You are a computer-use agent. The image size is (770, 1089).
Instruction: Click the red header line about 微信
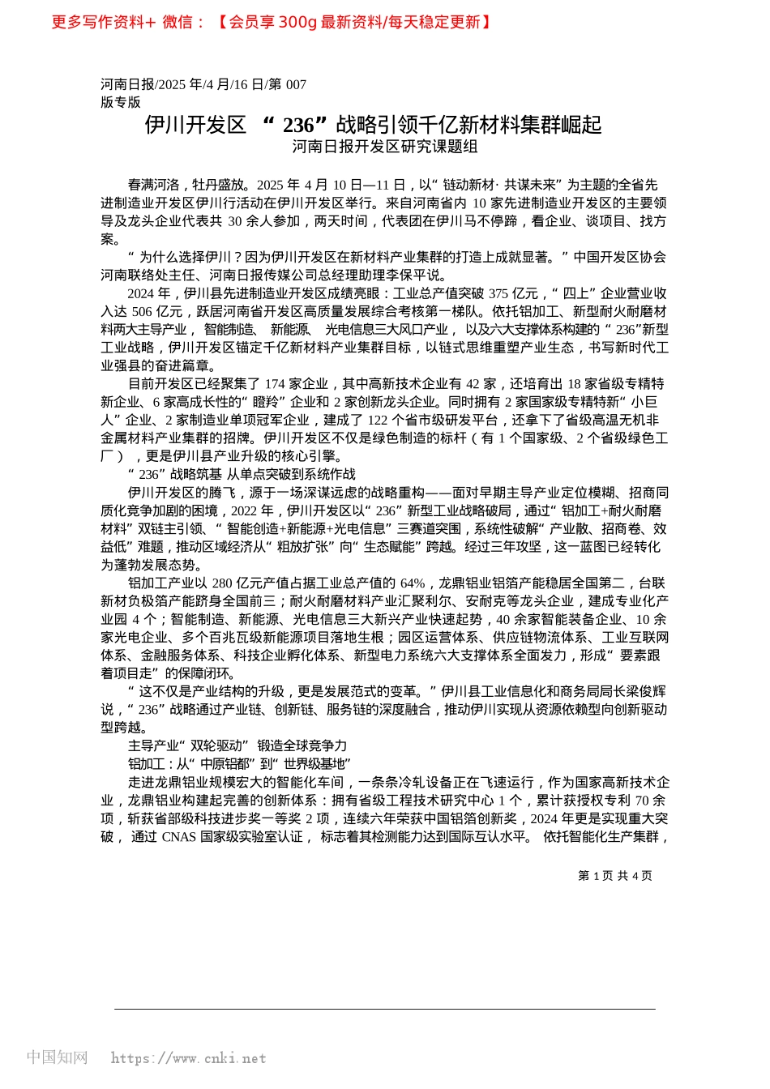[272, 22]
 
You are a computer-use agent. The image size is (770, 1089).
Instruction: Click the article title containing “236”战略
[374, 125]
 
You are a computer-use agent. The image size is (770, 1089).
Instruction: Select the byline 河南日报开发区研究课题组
[385, 147]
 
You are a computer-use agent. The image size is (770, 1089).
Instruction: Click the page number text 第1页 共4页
[614, 875]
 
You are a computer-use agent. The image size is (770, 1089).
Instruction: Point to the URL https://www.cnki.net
[188, 1058]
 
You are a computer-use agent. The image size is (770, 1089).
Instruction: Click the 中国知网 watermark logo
[57, 1057]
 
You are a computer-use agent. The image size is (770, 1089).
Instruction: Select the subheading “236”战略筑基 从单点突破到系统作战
[242, 474]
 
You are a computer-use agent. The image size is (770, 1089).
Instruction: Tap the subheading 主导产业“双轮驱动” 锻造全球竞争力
[237, 745]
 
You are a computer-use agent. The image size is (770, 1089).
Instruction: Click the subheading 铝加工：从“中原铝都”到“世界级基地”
[239, 764]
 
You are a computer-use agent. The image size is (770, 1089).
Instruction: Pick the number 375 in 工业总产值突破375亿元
[498, 293]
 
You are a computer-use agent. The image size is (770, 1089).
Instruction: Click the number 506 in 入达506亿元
[142, 311]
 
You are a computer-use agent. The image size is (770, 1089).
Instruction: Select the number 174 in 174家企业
[276, 383]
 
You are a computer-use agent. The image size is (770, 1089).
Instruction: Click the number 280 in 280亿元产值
[222, 583]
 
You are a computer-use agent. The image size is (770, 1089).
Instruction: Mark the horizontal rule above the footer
[385, 1009]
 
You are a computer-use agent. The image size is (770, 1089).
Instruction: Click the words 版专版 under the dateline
[121, 102]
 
